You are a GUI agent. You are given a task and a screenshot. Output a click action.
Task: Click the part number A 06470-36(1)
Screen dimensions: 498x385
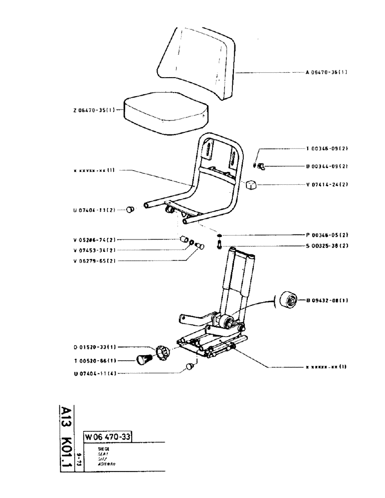pyautogui.click(x=326, y=72)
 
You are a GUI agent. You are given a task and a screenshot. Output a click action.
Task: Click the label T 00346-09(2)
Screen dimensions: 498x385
pyautogui.click(x=327, y=149)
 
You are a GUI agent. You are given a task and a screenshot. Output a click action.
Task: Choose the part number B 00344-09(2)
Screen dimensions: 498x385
pyautogui.click(x=327, y=166)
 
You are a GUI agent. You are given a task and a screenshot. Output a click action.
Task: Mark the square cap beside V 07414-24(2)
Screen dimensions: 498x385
pyautogui.click(x=251, y=185)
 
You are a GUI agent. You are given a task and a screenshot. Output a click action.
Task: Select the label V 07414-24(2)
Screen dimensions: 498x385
pyautogui.click(x=327, y=184)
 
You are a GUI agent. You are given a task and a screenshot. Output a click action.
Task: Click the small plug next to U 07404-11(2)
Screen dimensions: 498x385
pyautogui.click(x=130, y=210)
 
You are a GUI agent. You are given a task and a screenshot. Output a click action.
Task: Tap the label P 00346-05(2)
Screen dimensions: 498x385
pyautogui.click(x=327, y=235)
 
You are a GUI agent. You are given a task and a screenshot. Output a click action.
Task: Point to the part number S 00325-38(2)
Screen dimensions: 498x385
pyautogui.click(x=327, y=245)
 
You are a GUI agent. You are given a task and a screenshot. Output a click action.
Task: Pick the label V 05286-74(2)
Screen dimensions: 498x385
pyautogui.click(x=94, y=240)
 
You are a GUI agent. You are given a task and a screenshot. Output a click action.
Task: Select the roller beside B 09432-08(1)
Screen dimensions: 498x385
pyautogui.click(x=288, y=300)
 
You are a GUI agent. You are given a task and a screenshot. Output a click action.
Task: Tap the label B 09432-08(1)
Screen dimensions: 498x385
pyautogui.click(x=327, y=300)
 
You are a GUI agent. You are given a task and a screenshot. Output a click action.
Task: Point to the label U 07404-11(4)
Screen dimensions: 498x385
pyautogui.click(x=94, y=373)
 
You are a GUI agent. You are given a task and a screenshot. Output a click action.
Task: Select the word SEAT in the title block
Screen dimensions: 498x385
pyautogui.click(x=92, y=453)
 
